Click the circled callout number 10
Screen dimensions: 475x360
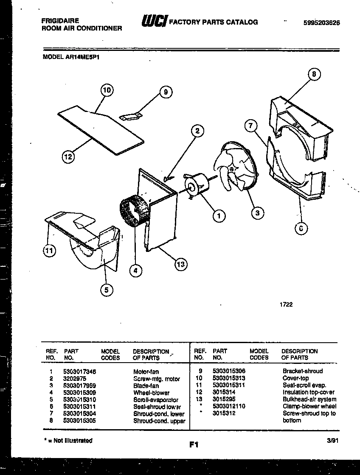[x=107, y=90]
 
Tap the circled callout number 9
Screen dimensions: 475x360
[x=166, y=92]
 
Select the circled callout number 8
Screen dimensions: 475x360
[x=313, y=75]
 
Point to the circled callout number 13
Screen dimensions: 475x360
[x=181, y=265]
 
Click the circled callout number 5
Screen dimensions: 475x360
[x=107, y=290]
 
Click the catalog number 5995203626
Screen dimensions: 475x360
[x=322, y=23]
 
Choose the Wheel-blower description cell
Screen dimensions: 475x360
[x=151, y=393]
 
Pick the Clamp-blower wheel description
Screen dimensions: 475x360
[x=309, y=406]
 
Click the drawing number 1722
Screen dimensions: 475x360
[x=286, y=305]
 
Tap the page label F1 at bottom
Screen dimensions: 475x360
[x=194, y=445]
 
